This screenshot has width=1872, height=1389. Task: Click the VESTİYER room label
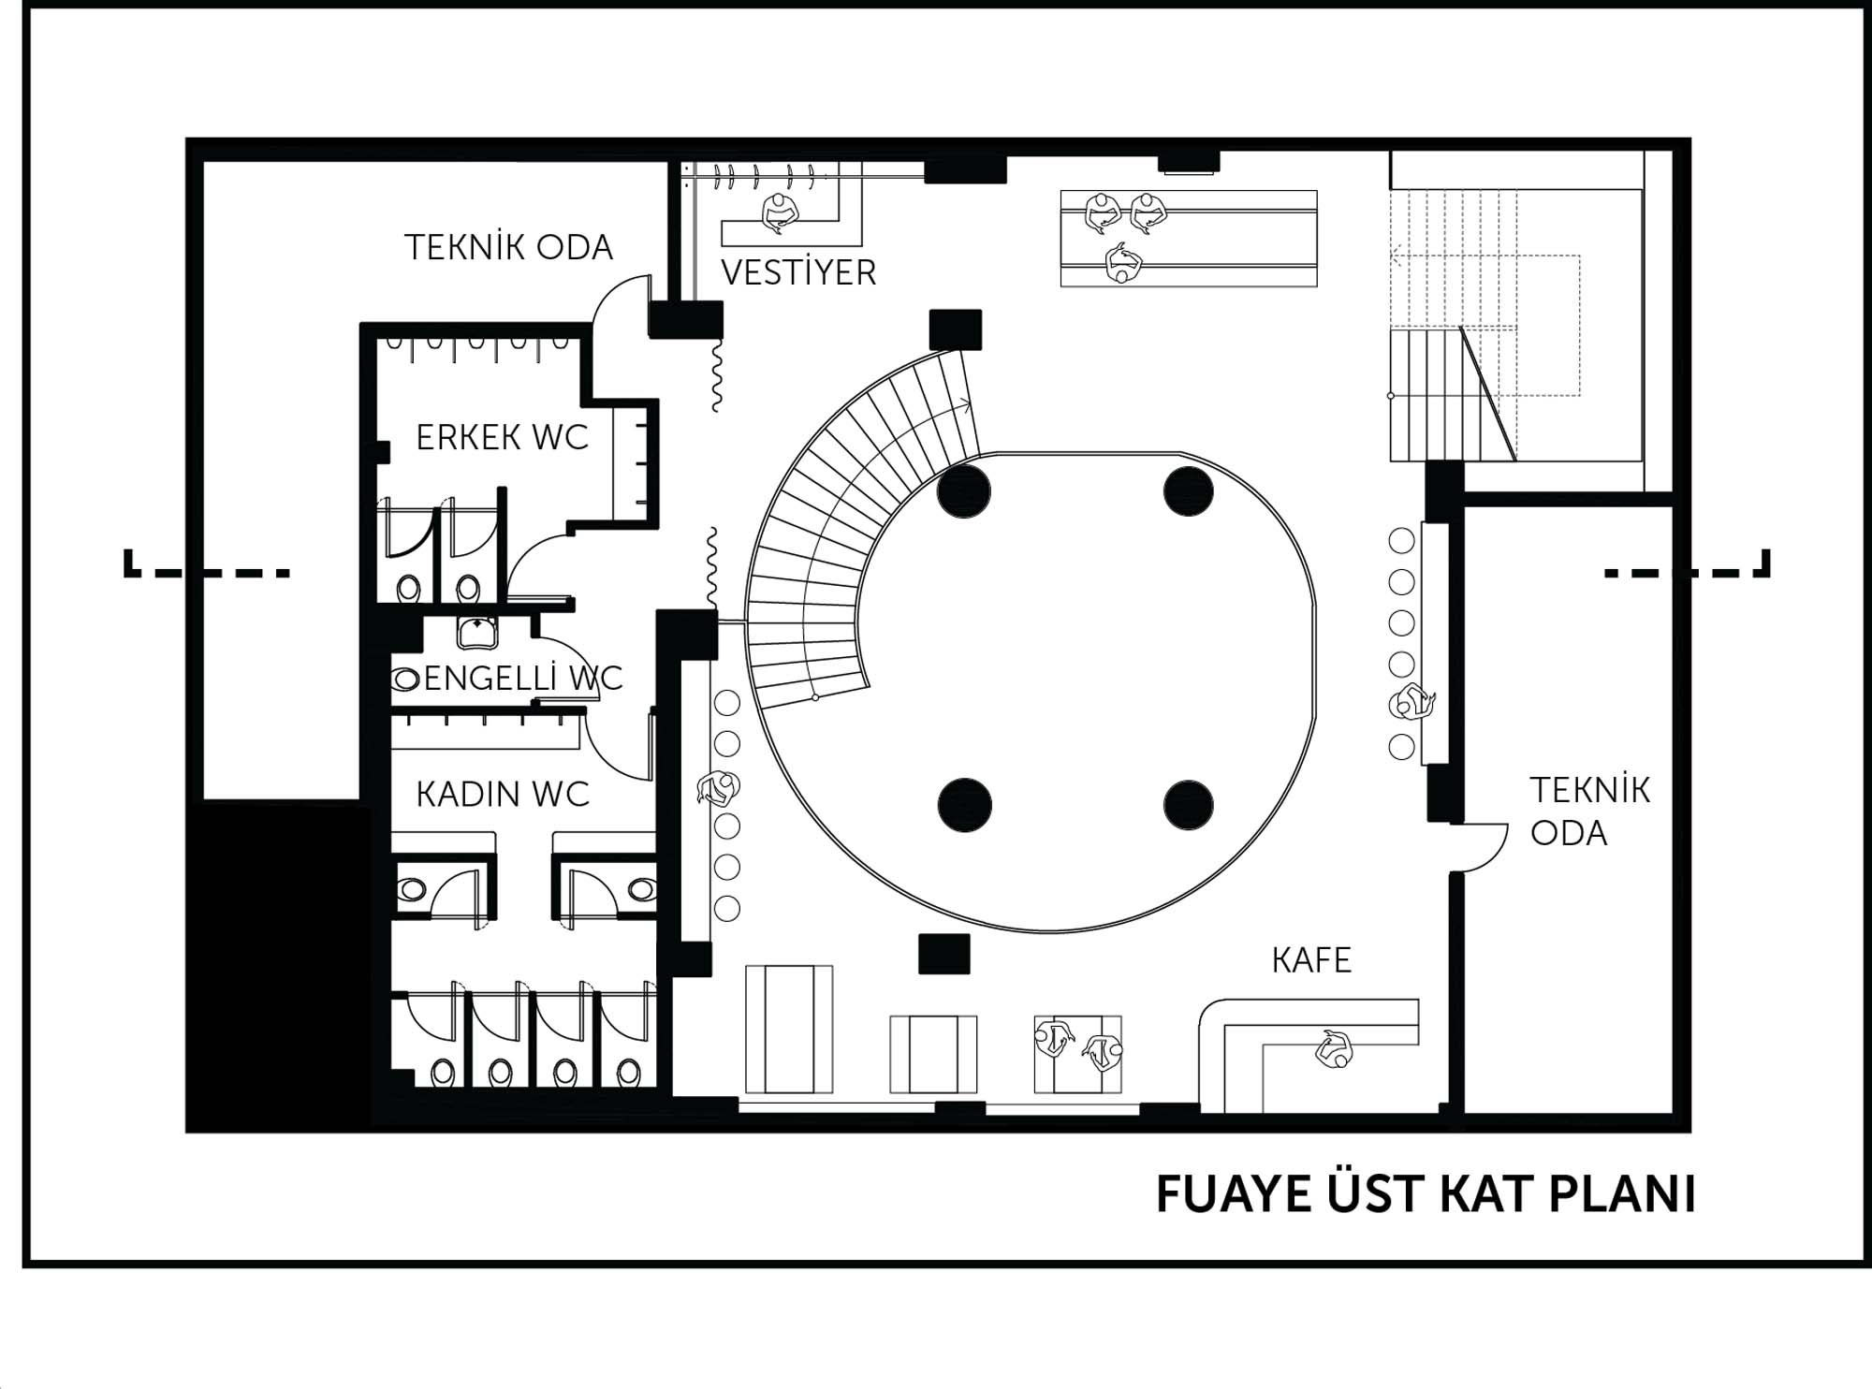[798, 272]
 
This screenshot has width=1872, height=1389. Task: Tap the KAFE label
[1311, 960]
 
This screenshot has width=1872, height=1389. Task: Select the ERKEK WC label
[502, 437]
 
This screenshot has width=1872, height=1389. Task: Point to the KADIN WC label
[503, 795]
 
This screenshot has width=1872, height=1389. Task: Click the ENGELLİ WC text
[523, 678]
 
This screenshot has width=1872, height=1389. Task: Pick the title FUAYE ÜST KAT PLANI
[1426, 1193]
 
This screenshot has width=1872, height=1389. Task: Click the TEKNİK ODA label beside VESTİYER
[508, 247]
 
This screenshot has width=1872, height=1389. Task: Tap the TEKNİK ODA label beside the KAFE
[1589, 811]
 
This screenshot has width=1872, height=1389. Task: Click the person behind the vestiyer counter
[779, 213]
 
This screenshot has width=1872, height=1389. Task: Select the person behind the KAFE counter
[1333, 1048]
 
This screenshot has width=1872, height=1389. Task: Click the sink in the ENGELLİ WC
[477, 632]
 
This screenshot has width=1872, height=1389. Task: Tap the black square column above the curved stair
[956, 329]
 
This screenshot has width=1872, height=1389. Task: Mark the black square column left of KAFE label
[943, 954]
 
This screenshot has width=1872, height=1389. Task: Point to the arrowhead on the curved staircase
[966, 405]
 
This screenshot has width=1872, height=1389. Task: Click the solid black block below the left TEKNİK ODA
[279, 964]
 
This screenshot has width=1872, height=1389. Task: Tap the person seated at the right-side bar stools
[1411, 703]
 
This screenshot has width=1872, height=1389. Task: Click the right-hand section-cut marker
[1687, 564]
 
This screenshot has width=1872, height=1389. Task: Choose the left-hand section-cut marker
[207, 564]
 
